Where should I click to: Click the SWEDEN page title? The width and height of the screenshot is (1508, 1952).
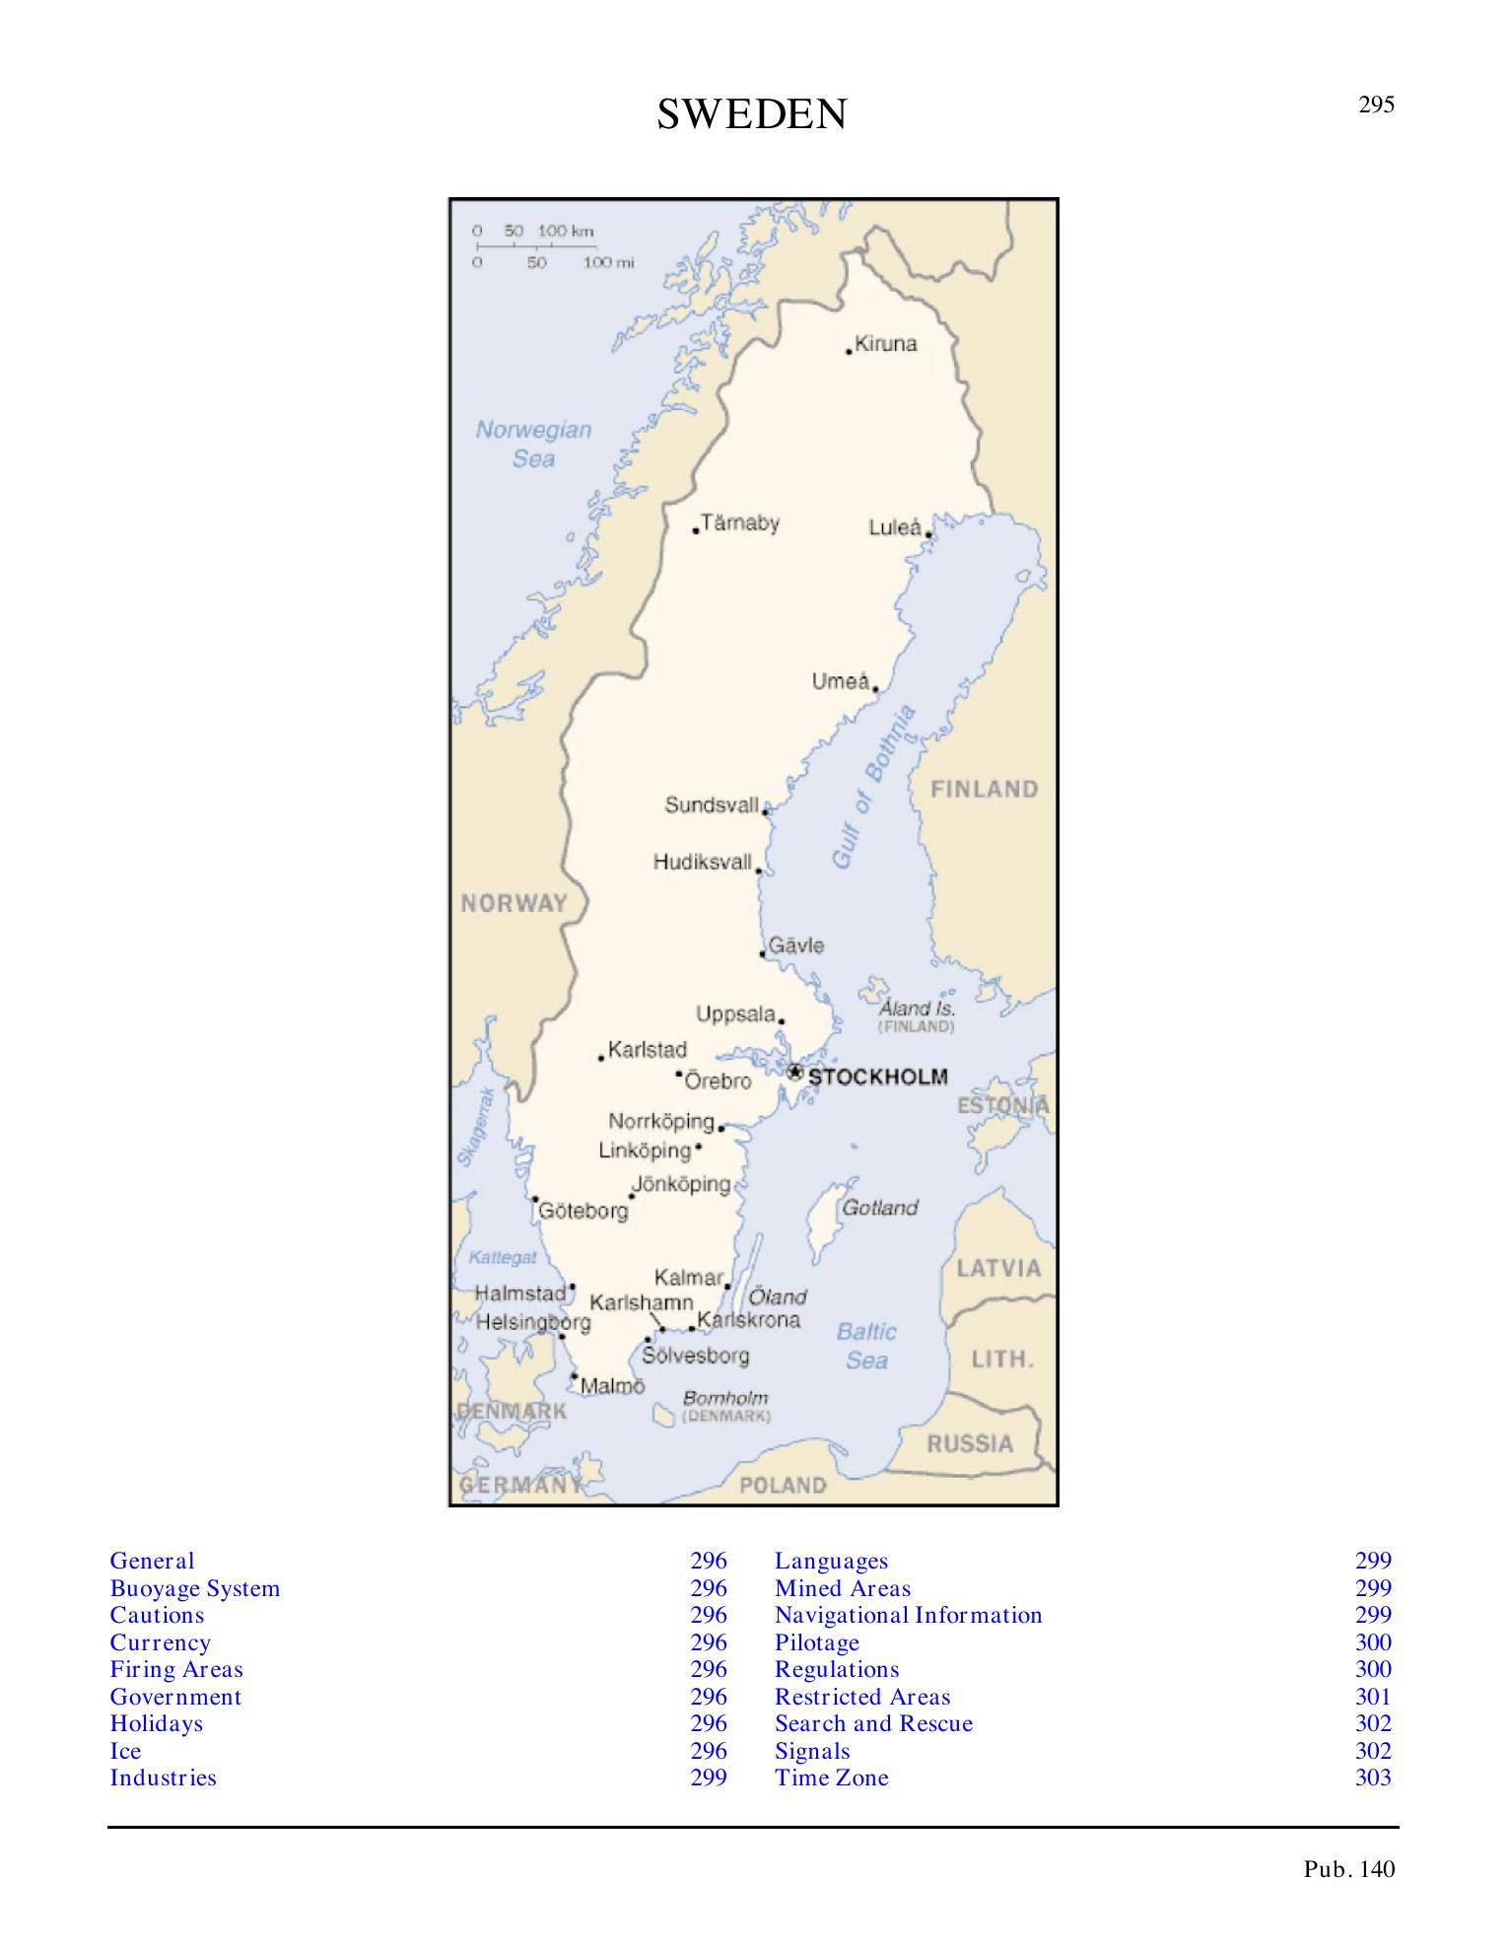tap(751, 115)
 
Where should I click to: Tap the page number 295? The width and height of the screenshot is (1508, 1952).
tap(1376, 105)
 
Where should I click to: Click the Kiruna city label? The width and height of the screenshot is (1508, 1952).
tap(885, 344)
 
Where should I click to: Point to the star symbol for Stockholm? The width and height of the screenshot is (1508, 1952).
tap(794, 1072)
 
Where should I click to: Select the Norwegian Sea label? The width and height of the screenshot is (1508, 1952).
tap(533, 444)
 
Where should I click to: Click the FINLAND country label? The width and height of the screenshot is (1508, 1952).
tap(985, 790)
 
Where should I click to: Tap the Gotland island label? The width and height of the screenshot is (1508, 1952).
tap(879, 1208)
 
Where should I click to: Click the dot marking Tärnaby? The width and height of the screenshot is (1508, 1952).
tap(696, 530)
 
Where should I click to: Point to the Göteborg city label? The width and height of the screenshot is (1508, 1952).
tap(584, 1211)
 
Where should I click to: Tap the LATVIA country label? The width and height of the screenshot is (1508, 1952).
tap(998, 1268)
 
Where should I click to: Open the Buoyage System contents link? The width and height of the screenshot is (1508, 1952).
tap(195, 1588)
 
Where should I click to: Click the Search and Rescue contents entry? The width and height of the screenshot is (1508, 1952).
tap(873, 1723)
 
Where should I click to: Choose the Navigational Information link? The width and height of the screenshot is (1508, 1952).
tap(908, 1615)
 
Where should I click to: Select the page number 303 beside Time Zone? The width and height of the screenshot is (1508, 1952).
tap(1373, 1778)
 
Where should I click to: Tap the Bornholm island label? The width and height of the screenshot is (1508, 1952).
tap(724, 1398)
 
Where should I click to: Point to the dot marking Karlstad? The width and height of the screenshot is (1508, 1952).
tap(601, 1058)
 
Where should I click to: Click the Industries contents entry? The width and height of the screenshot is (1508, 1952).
tap(164, 1778)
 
